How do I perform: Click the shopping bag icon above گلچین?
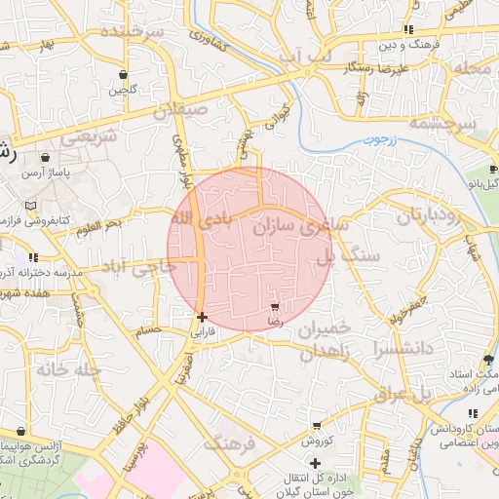coord(123,75)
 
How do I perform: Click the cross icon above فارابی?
coord(202,317)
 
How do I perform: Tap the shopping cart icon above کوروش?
coord(317,426)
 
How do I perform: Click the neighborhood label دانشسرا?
coord(395,346)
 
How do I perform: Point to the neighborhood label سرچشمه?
coord(441,124)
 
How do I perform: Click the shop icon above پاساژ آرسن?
coord(46,157)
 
